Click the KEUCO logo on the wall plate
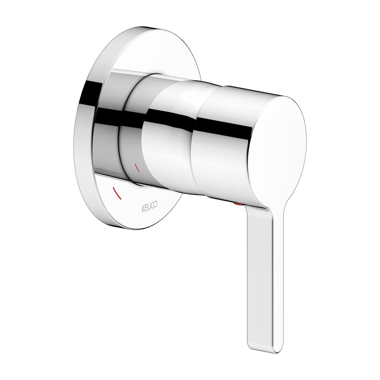tap(149, 207)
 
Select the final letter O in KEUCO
tap(155, 205)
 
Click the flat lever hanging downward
tap(265, 267)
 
